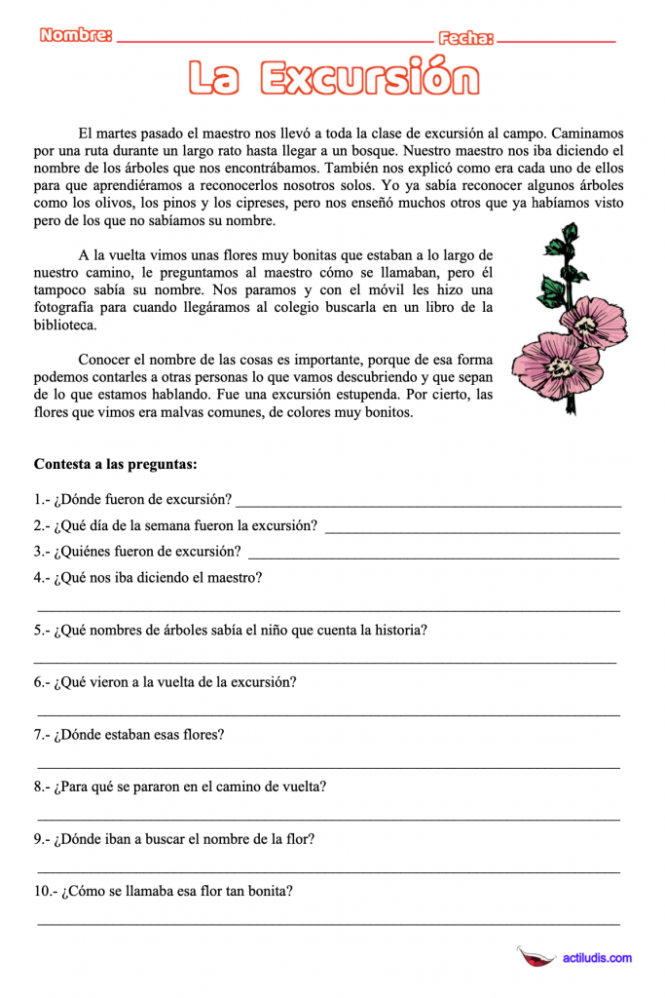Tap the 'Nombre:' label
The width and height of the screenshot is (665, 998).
76,37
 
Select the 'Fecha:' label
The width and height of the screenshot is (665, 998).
466,38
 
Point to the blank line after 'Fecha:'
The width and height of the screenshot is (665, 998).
556,42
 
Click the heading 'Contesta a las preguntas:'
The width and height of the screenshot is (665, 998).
115,464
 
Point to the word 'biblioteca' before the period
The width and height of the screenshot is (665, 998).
64,326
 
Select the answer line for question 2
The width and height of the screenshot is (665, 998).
471,532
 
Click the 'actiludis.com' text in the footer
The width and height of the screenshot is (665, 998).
597,958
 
